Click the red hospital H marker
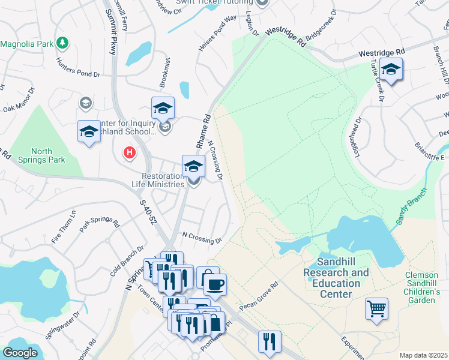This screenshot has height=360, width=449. coord(128,153)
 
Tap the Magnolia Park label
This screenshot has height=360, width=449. coord(27,44)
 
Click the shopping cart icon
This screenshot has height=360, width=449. coord(376,309)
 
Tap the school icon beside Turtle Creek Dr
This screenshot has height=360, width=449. coord(391,70)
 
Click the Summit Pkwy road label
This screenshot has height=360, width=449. coord(110,33)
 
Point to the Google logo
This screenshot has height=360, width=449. coord(20,352)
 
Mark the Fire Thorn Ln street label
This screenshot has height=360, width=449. coord(65,223)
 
